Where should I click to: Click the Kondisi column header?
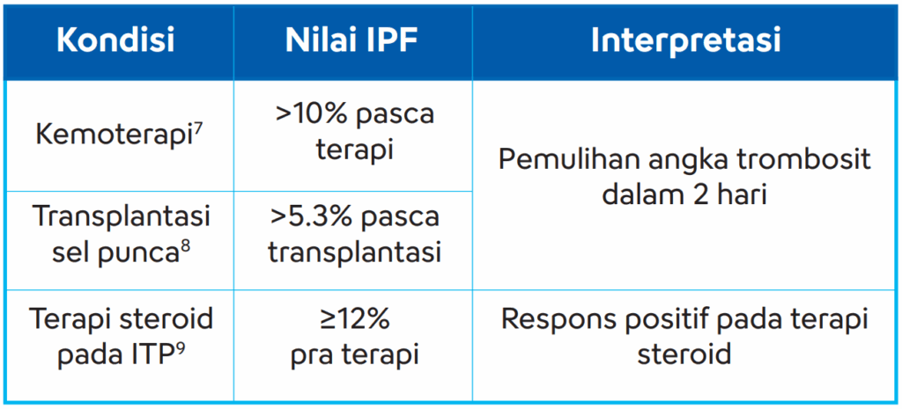115,41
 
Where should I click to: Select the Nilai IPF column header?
351,41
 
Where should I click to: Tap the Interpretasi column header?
685,42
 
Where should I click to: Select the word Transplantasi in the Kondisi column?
122,216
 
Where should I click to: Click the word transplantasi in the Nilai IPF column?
354,253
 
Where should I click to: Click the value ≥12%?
354,319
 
